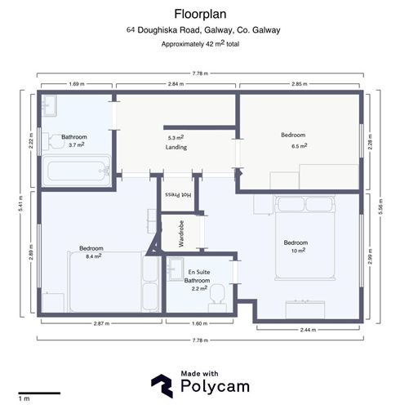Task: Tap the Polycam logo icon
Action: coord(162,384)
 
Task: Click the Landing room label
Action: coord(176,148)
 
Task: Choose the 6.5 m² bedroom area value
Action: coord(300,145)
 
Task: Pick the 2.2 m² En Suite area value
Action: coord(198,288)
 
